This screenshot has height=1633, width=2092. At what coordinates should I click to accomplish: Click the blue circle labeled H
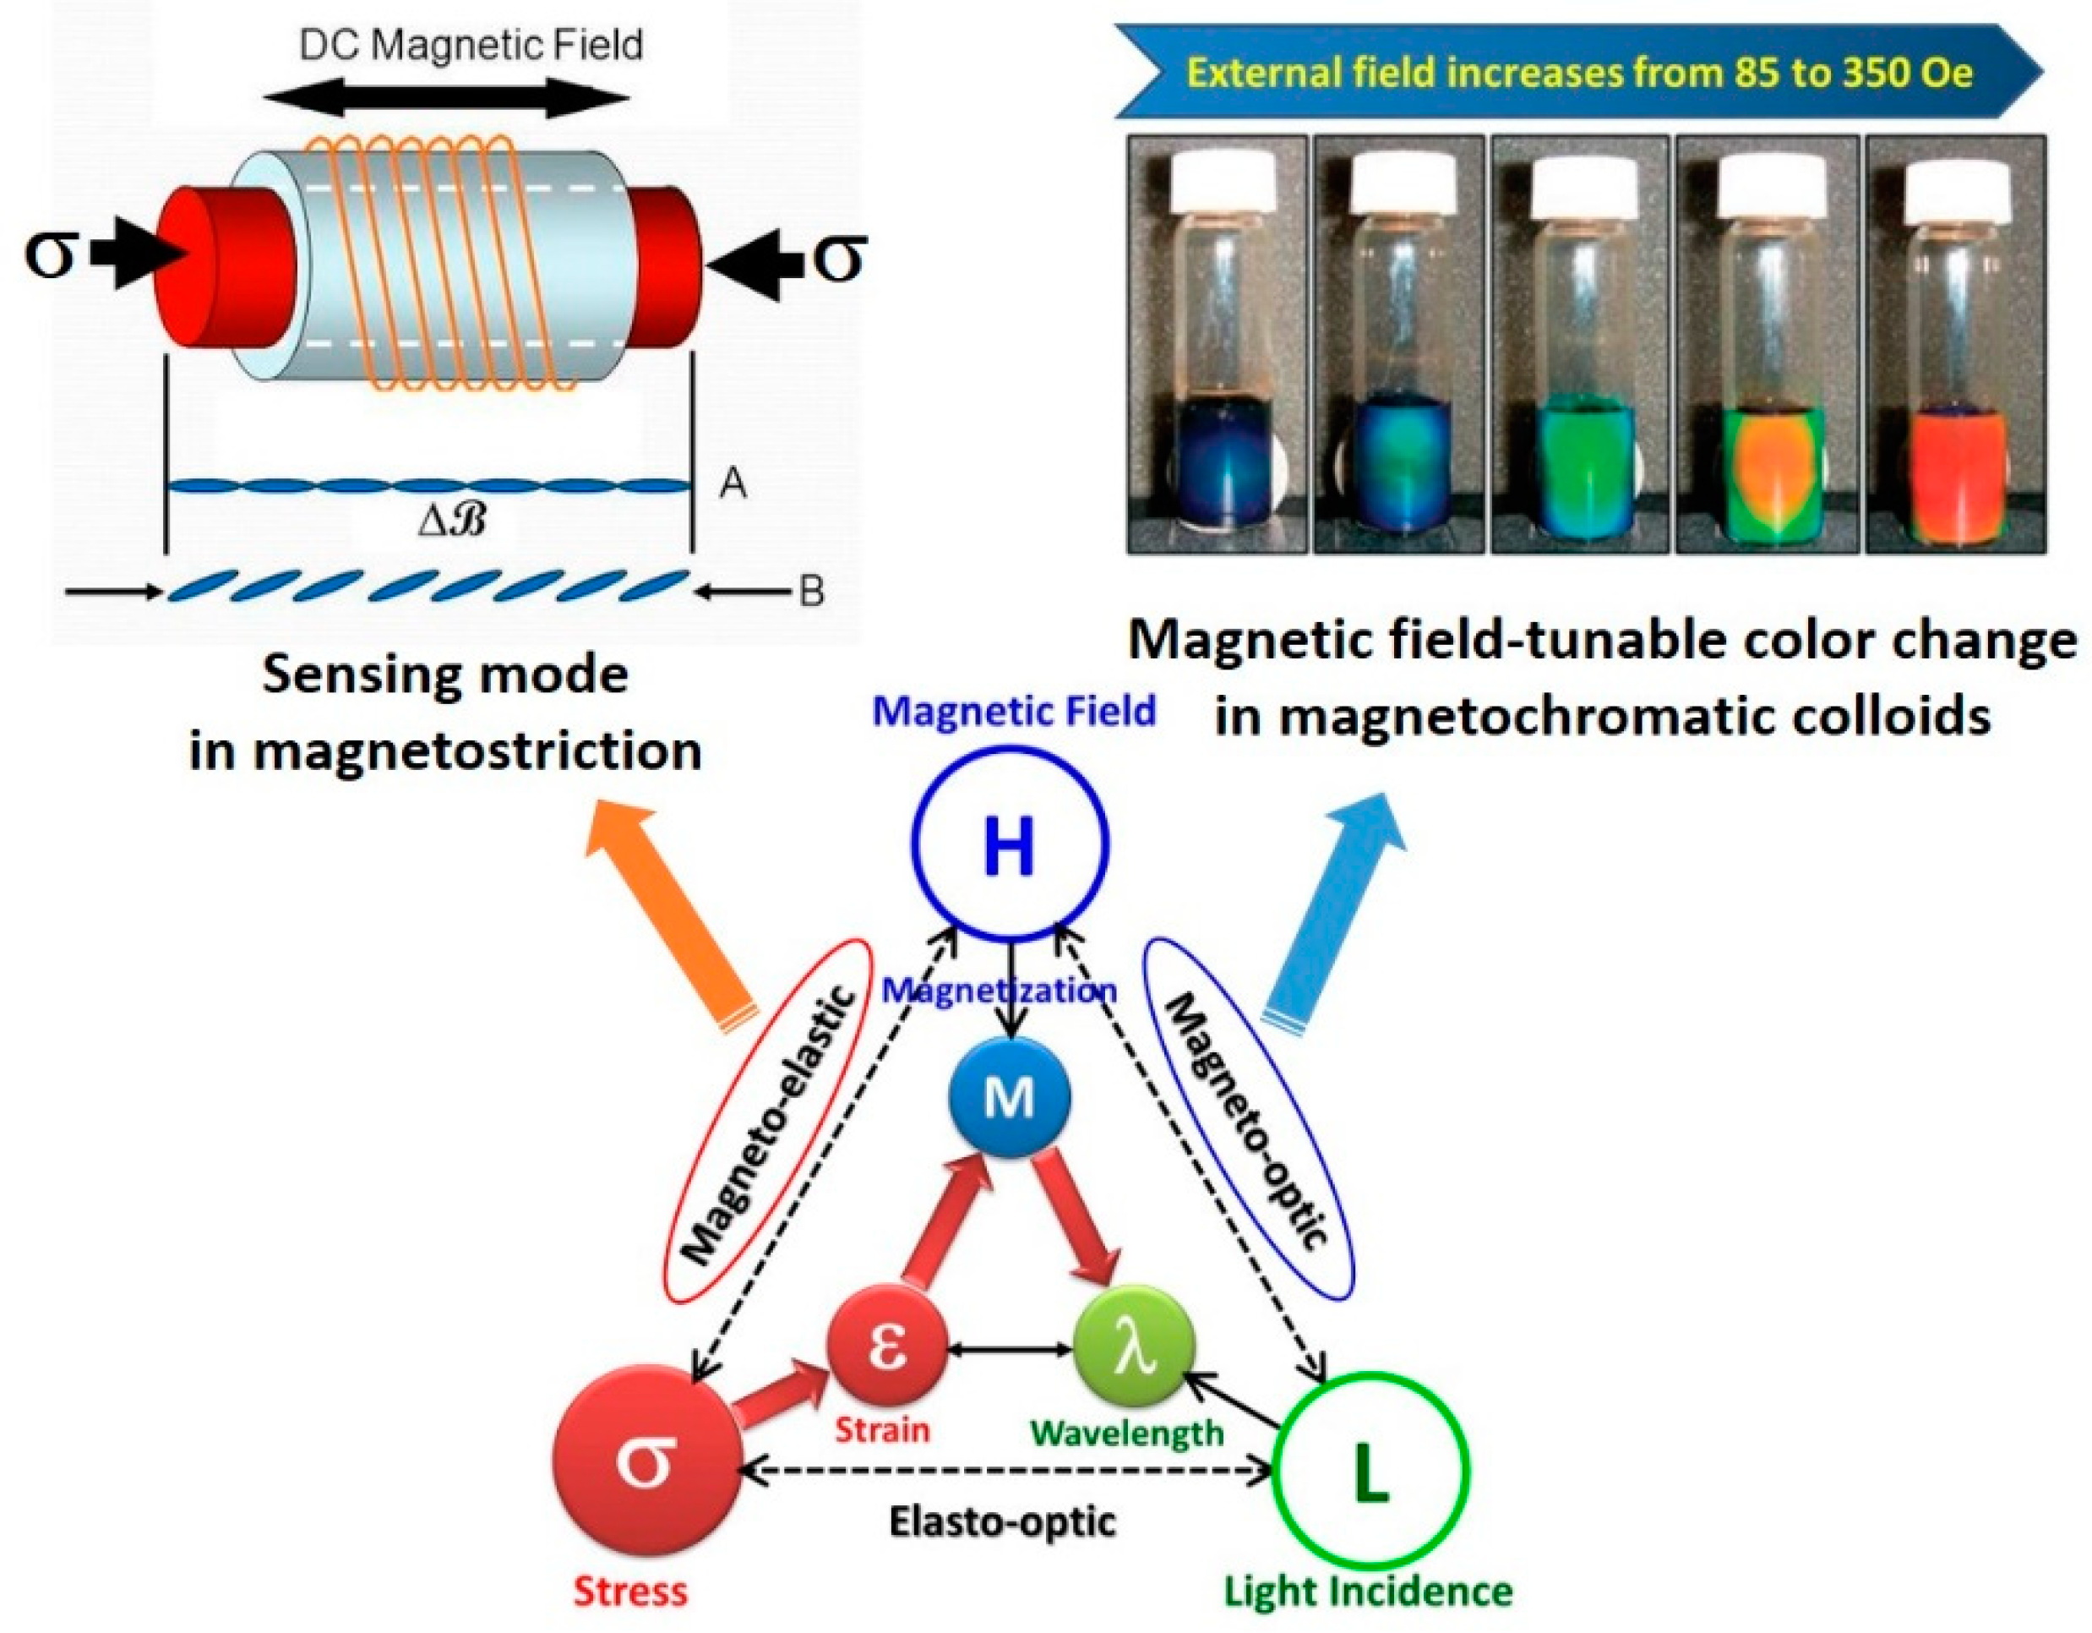(1010, 844)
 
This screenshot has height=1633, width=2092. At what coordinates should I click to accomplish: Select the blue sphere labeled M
(1009, 1096)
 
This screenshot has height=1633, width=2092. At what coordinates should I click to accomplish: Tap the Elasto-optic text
(1002, 1521)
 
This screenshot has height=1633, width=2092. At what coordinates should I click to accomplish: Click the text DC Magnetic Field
(471, 45)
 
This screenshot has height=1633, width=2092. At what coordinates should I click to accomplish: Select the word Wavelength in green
(1126, 1433)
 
